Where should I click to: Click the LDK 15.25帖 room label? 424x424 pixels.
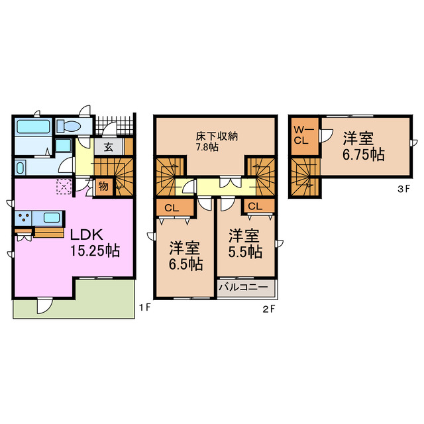click(95, 242)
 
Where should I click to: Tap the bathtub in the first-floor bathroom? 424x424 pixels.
click(34, 127)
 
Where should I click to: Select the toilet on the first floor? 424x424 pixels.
click(69, 126)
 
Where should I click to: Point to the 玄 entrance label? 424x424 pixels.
click(109, 147)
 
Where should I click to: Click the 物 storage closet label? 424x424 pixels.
click(103, 186)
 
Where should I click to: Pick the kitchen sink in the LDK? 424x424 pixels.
click(52, 218)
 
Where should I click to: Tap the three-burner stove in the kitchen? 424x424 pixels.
click(24, 218)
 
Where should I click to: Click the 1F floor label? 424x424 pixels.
click(144, 307)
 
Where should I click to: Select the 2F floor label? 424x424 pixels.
click(269, 309)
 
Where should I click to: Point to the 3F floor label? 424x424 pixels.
click(403, 189)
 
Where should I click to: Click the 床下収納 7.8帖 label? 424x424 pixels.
click(217, 141)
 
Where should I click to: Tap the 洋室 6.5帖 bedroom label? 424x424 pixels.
click(185, 256)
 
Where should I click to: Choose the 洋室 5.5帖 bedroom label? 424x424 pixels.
click(245, 244)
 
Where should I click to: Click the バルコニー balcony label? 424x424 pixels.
click(243, 287)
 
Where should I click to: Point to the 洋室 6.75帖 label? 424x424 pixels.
click(364, 146)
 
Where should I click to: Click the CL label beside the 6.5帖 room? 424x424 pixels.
click(172, 208)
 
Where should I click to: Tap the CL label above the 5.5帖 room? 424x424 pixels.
click(255, 207)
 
